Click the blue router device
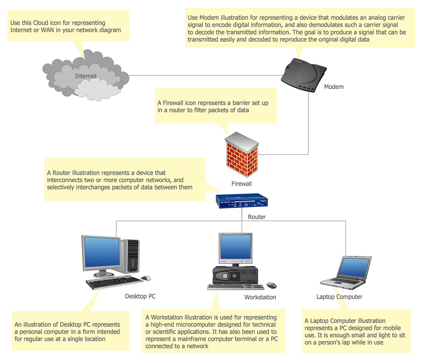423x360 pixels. pos(242,201)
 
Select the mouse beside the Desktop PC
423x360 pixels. pos(146,278)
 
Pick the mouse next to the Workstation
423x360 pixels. pos(271,285)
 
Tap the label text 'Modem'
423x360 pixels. pos(334,87)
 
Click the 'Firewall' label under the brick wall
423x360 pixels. pos(242,184)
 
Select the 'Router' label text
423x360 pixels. pos(257,217)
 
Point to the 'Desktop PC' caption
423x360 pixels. pos(140,296)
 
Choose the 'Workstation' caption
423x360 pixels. pos(260,297)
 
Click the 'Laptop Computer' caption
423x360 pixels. pos(339,297)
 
